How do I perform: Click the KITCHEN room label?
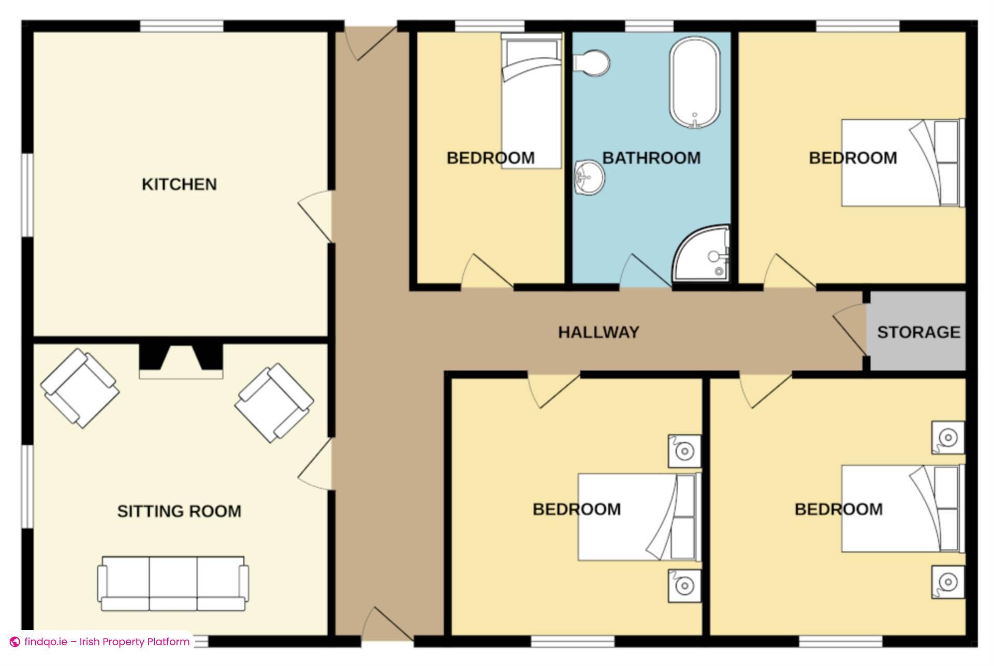179,184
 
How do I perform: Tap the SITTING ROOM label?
179,511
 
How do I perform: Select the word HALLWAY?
598,332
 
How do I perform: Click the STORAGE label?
918,332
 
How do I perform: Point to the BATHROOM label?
651,158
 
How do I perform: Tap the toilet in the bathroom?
591,63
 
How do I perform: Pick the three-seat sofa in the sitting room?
173,584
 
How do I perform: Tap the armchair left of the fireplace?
80,388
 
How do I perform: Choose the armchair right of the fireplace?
274,403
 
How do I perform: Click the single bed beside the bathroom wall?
532,101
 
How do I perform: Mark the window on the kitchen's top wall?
182,26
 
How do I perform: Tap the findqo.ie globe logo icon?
15,642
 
